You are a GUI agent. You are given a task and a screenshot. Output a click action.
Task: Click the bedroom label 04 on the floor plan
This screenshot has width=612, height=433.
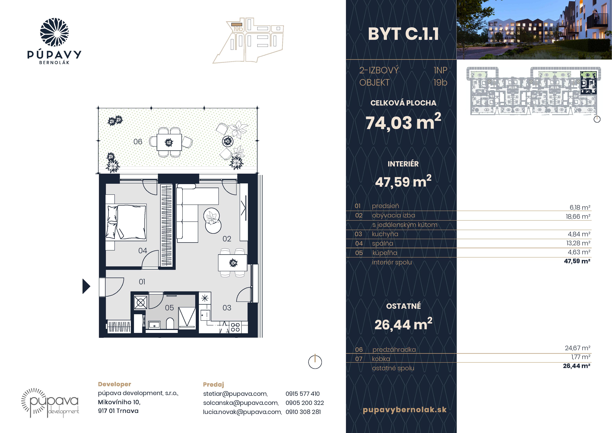(x=143, y=250)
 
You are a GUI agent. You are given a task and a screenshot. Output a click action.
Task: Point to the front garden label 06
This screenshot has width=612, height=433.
(x=138, y=142)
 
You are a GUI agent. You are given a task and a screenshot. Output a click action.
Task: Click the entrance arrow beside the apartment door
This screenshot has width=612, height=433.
(x=86, y=286)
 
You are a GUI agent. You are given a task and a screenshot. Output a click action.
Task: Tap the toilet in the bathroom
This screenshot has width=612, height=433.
(x=170, y=323)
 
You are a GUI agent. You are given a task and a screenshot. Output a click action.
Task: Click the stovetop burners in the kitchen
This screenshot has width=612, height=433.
(x=235, y=327)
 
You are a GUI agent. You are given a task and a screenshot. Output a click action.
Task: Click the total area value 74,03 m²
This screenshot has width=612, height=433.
(x=403, y=122)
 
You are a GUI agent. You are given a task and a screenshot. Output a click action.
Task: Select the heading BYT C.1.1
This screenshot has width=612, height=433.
(x=403, y=34)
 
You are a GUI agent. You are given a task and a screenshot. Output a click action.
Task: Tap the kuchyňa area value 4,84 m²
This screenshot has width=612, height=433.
(x=579, y=234)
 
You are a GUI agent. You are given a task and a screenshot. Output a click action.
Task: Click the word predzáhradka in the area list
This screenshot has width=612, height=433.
(x=394, y=350)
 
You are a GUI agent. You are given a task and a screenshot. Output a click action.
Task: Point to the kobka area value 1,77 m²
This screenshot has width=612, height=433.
(x=581, y=357)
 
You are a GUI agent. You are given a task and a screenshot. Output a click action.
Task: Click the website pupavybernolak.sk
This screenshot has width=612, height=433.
(x=405, y=410)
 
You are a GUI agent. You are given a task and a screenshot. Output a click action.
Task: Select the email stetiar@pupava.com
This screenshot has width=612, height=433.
(x=235, y=394)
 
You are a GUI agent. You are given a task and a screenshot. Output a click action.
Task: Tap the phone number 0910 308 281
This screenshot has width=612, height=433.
(x=303, y=412)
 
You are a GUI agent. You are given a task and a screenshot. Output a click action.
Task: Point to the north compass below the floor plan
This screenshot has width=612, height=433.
(x=315, y=362)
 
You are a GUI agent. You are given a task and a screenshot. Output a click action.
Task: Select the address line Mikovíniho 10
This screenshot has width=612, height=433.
(x=119, y=402)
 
